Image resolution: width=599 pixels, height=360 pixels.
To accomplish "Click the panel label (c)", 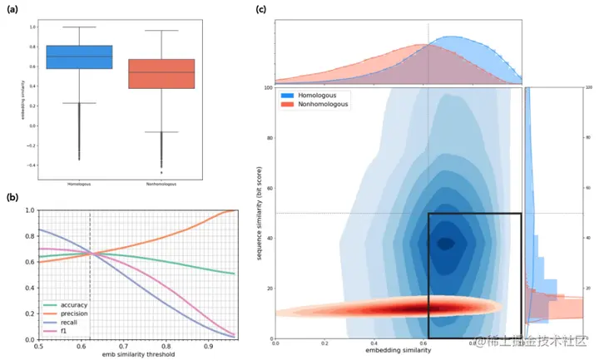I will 261,11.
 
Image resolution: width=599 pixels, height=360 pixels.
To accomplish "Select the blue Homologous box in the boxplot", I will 80,57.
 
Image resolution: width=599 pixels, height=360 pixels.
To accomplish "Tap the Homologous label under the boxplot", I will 80,183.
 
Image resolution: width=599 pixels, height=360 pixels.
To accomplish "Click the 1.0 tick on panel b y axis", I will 30,210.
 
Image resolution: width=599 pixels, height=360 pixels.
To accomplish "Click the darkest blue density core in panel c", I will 447,244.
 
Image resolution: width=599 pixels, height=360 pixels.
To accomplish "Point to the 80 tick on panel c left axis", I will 269,137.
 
